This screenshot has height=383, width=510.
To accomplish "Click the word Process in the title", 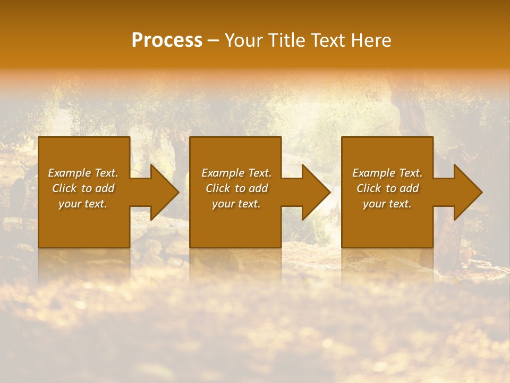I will tap(167, 40).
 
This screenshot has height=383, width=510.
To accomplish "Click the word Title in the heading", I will tap(286, 40).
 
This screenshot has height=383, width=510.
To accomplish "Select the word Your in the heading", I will tap(243, 40).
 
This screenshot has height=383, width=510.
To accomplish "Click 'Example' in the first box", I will tap(69, 173).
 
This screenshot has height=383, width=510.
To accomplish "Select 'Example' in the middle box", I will tap(223, 173).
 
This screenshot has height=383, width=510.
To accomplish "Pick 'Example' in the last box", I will tap(373, 173).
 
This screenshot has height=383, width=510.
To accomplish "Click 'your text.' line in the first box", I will tap(83, 204).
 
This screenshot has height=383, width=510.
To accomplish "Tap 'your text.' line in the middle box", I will tap(236, 204).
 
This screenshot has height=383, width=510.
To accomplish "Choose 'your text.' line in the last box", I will tap(387, 204).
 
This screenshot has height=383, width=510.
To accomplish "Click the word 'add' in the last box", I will tap(409, 188).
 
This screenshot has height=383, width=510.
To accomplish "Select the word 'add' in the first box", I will tap(105, 188).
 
